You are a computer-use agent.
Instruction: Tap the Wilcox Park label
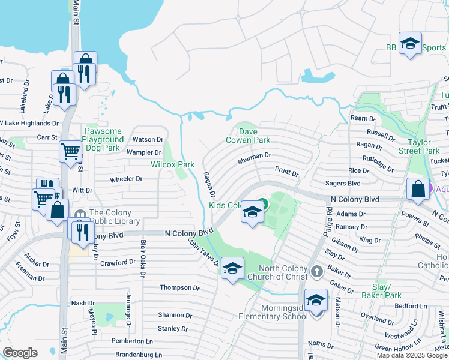[172, 164]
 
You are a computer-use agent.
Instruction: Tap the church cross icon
[317, 272]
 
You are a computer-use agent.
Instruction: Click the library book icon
[80, 214]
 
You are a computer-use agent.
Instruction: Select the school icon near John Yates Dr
[232, 269]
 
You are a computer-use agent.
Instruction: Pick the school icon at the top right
[410, 43]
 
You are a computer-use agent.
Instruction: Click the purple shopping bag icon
[418, 189]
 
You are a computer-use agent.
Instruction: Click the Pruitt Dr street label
[286, 173]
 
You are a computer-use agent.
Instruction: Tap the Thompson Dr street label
[179, 288]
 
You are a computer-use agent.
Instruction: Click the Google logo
[20, 353]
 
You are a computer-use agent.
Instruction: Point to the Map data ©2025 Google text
[412, 355]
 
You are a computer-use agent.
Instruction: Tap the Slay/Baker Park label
[381, 290]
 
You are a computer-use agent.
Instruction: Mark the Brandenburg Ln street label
[139, 355]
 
